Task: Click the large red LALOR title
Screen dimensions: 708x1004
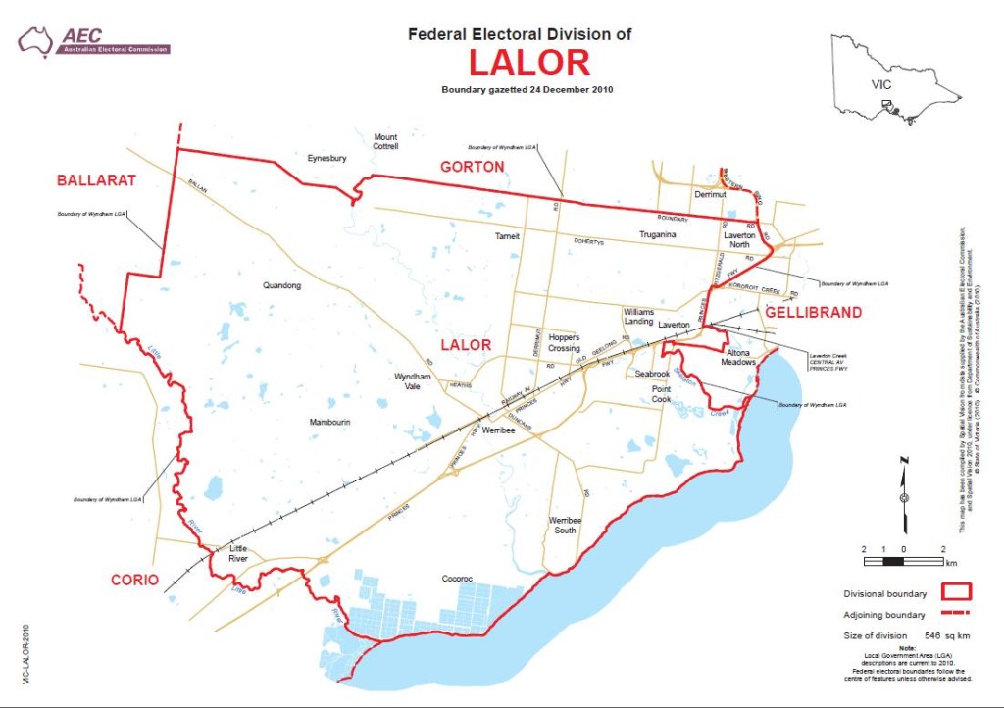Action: (528, 62)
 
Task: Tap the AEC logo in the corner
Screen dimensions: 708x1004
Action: (94, 40)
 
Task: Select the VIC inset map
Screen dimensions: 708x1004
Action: (893, 78)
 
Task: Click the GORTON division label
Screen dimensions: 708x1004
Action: (472, 167)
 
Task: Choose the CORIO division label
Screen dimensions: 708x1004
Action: (134, 580)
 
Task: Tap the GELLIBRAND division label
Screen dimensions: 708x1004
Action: (813, 313)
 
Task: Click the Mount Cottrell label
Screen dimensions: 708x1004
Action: (385, 141)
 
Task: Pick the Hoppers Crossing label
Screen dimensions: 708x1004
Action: (565, 342)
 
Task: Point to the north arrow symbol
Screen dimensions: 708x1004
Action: (903, 495)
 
